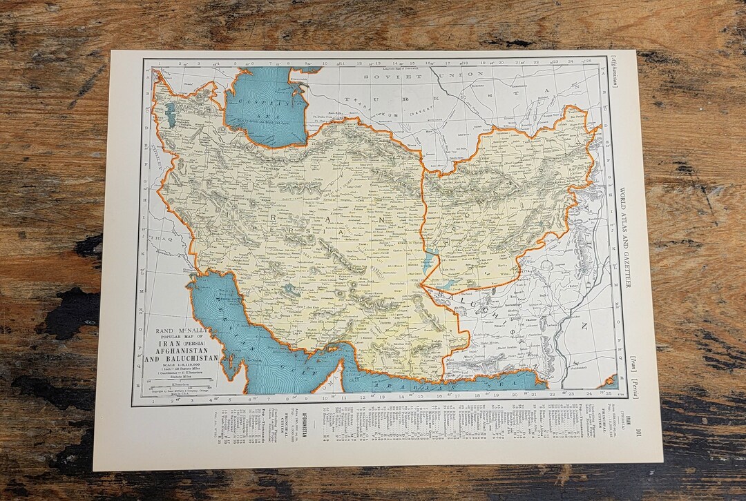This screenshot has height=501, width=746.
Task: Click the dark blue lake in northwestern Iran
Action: (x=171, y=115)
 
